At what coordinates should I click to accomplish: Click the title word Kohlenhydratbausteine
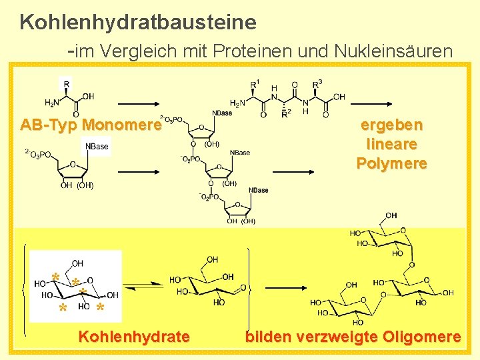tap(138, 22)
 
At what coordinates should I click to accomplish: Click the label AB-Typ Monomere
tap(91, 125)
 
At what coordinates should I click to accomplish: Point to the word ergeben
tap(391, 125)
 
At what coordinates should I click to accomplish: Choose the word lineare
tap(391, 143)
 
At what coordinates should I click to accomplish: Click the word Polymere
tap(391, 163)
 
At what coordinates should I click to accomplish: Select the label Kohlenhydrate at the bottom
tap(134, 337)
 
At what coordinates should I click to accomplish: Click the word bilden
tap(267, 337)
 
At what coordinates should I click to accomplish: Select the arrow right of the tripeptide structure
tap(378, 104)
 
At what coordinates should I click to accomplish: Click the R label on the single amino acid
tap(65, 84)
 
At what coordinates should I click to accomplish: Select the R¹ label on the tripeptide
tap(255, 84)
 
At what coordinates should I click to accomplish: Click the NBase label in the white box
tap(97, 146)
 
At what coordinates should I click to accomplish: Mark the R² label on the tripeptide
tap(286, 114)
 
